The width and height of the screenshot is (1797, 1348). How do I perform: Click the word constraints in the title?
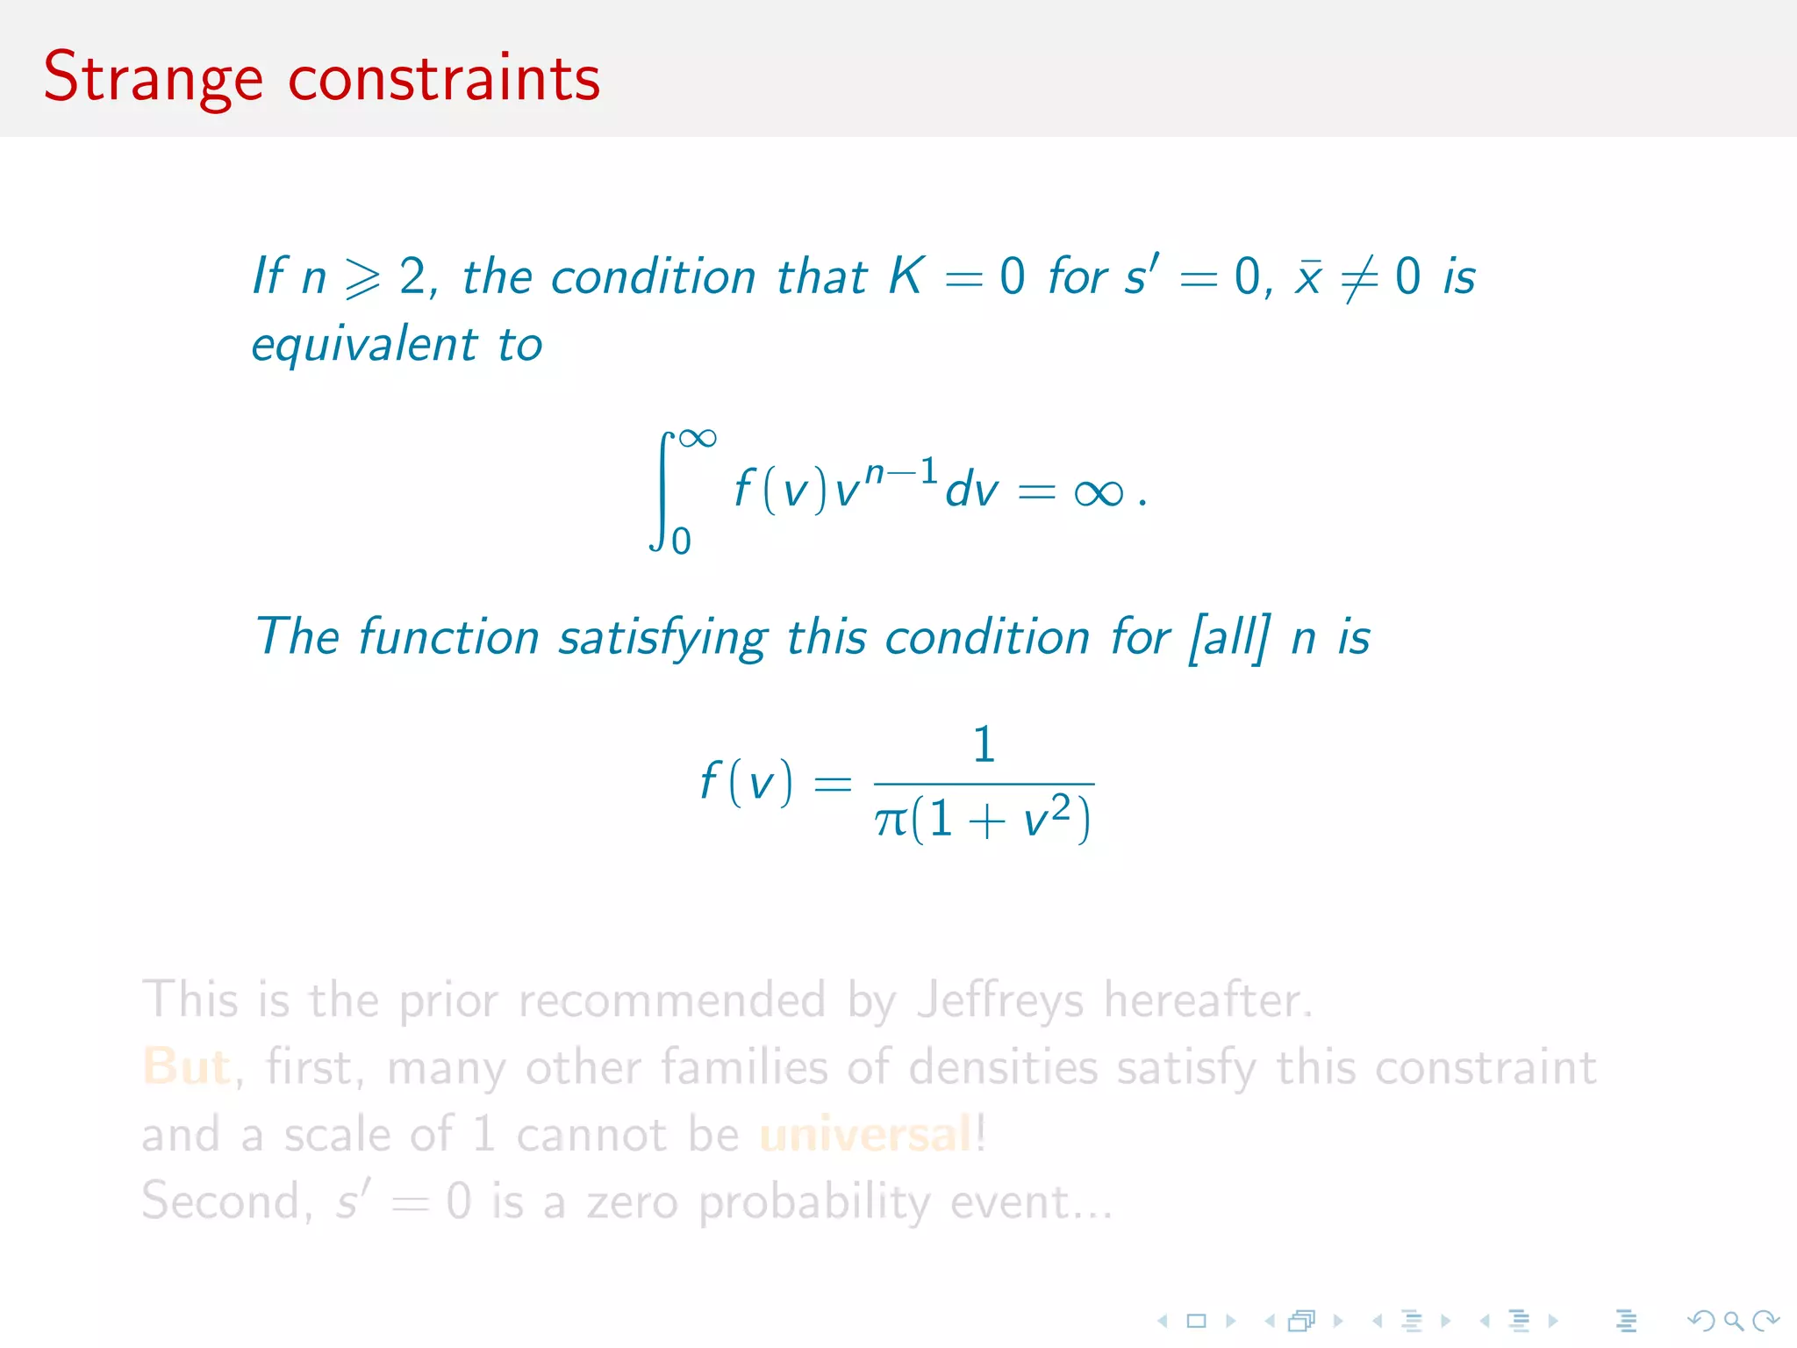444,79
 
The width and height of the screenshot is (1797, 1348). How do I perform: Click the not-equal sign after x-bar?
1359,279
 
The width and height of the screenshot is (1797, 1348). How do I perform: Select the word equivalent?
364,344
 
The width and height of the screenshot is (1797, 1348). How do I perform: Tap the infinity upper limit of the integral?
698,438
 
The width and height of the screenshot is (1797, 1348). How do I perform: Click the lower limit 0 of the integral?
681,541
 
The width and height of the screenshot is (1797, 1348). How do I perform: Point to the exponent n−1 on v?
900,472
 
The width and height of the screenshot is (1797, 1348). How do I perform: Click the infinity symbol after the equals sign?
1098,493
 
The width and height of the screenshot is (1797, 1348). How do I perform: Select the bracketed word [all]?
1228,637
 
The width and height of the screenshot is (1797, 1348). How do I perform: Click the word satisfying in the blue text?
662,637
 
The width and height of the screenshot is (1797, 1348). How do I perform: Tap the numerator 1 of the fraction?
984,744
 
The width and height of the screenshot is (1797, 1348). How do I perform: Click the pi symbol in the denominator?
891,821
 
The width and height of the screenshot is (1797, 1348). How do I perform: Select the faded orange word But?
186,1067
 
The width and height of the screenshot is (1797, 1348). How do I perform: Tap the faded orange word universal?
866,1134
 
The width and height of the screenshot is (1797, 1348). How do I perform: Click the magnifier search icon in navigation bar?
1733,1320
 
